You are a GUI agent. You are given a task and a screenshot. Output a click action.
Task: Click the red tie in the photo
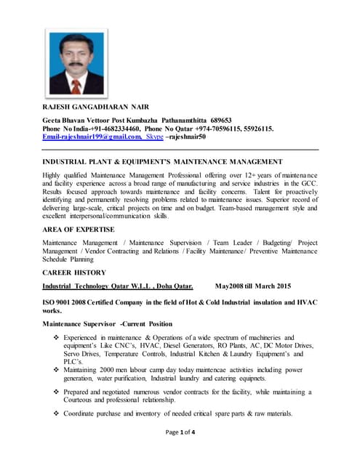pyautogui.click(x=75, y=86)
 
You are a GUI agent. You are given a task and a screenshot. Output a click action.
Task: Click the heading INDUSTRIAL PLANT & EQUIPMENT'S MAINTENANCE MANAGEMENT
pyautogui.click(x=163, y=161)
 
